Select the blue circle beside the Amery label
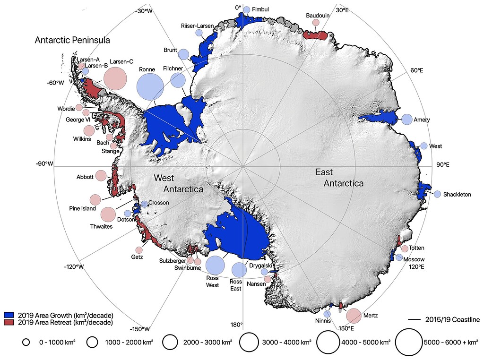(406, 120)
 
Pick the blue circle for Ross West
(215, 265)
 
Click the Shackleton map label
(457, 195)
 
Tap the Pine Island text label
(82, 208)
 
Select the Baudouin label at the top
(317, 15)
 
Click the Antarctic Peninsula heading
(72, 40)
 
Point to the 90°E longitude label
(442, 165)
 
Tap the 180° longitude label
(236, 325)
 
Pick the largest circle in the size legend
(408, 342)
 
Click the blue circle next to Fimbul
(246, 9)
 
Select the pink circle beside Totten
(405, 249)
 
